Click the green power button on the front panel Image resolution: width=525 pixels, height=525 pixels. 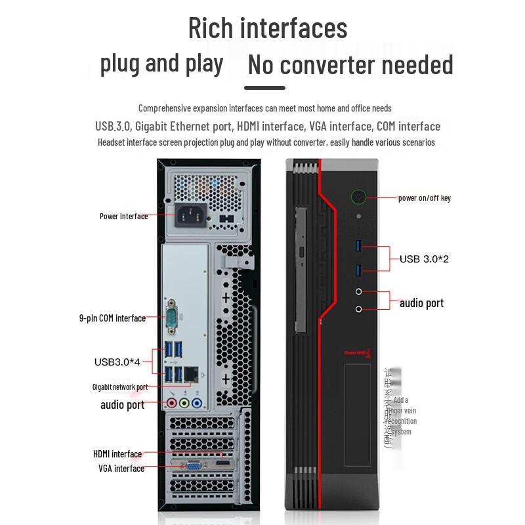pyautogui.click(x=358, y=196)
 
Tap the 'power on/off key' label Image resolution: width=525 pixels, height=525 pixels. pyautogui.click(x=425, y=198)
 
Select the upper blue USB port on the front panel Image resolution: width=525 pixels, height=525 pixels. pyautogui.click(x=359, y=246)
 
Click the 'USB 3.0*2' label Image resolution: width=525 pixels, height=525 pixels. pyautogui.click(x=424, y=259)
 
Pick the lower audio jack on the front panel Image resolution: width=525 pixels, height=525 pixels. pyautogui.click(x=359, y=308)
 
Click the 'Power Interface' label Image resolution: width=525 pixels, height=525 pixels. pyautogui.click(x=123, y=216)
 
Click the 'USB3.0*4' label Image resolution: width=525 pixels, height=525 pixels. pyautogui.click(x=117, y=361)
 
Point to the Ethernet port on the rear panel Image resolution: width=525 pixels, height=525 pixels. pyautogui.click(x=192, y=373)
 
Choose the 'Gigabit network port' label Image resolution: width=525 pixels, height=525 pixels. pyautogui.click(x=120, y=387)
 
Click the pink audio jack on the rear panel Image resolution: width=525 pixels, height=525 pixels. pyautogui.click(x=172, y=403)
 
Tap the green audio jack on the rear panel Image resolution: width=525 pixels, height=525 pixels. pyautogui.click(x=185, y=403)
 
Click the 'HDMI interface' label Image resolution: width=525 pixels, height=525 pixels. pyautogui.click(x=117, y=454)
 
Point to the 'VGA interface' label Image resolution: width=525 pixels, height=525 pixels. pyautogui.click(x=121, y=469)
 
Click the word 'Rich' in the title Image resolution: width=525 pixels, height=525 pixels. pyautogui.click(x=211, y=28)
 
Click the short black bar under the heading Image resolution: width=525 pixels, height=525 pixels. pyautogui.click(x=265, y=88)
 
